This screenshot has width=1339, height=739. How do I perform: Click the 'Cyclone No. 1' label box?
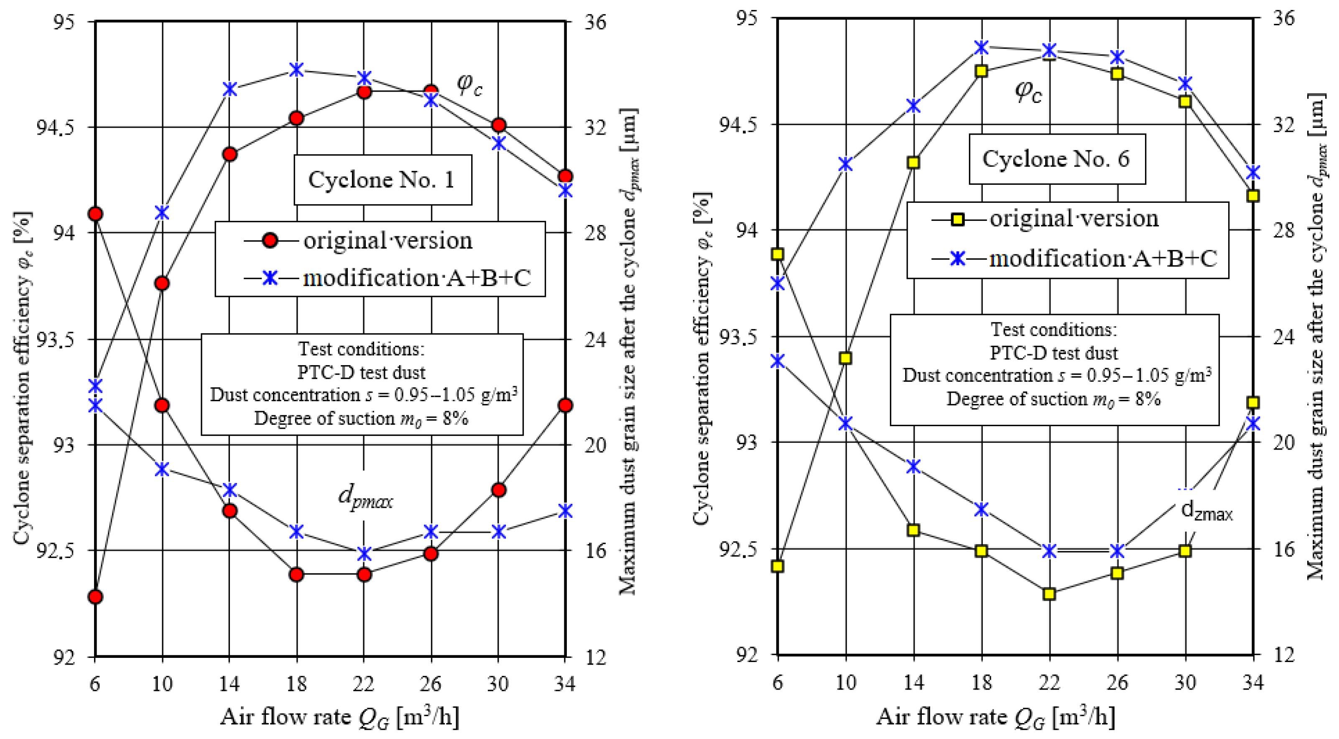point(382,180)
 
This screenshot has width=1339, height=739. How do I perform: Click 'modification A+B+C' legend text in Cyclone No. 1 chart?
point(416,278)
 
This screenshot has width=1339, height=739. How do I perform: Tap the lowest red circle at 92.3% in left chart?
point(95,596)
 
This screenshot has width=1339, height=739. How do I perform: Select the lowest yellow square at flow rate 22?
point(1049,593)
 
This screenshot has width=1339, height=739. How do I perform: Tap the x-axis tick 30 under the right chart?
point(1185,682)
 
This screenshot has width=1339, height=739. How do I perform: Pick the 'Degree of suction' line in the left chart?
point(361,419)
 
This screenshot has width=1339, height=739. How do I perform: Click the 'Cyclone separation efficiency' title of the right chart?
point(702,359)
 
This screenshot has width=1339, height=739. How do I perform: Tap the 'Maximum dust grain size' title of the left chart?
point(630,351)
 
